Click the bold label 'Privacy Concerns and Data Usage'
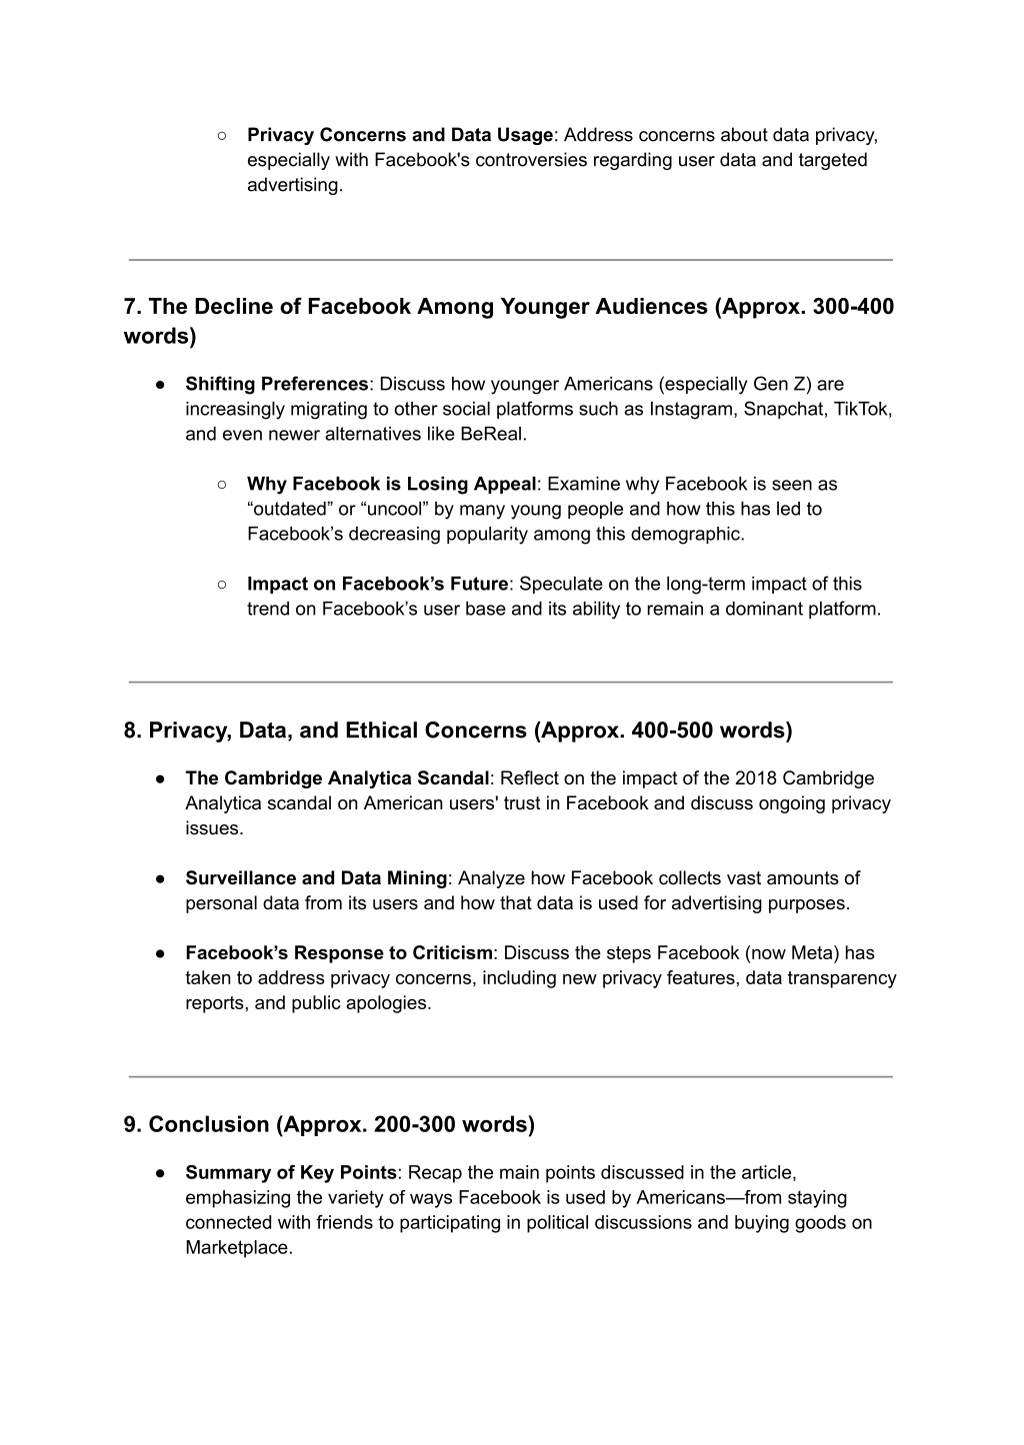tap(400, 135)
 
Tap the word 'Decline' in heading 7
tap(233, 307)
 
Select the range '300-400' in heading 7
tap(854, 307)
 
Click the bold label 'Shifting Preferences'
tap(277, 384)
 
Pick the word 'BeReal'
tap(491, 434)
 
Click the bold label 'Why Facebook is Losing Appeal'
tap(392, 484)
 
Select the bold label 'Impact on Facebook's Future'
tap(378, 584)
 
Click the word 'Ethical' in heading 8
tap(386, 730)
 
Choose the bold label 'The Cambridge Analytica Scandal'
tap(337, 778)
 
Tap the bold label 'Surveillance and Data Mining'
tap(316, 878)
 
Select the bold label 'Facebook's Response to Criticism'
tap(339, 953)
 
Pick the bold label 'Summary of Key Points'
tap(291, 1172)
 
